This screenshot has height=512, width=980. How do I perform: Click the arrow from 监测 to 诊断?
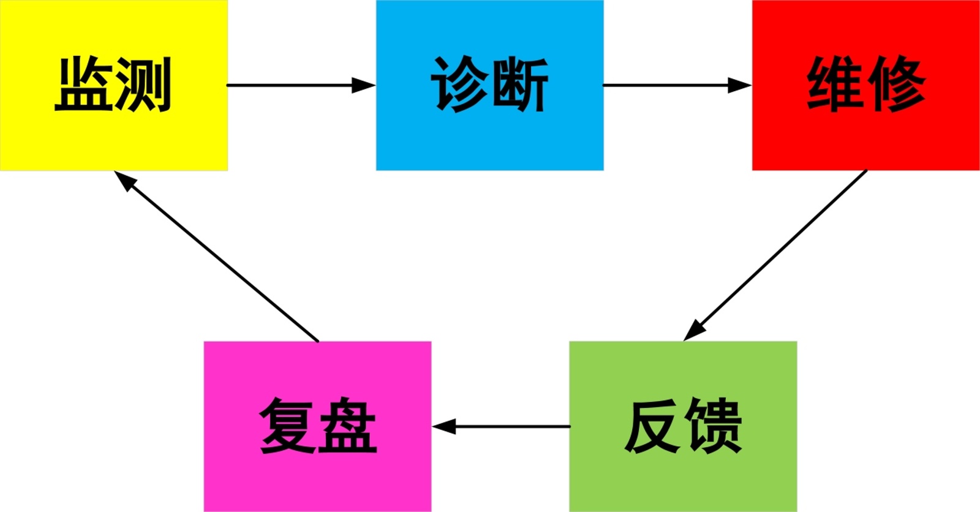tap(300, 85)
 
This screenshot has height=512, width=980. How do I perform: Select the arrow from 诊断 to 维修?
tap(677, 85)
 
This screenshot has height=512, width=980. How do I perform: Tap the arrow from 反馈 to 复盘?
tap(501, 426)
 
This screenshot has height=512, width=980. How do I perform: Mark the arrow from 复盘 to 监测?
tap(217, 256)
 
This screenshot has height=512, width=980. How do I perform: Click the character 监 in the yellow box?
tap(83, 85)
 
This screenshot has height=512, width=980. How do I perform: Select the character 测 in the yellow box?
tap(142, 85)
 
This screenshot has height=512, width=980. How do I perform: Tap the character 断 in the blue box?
tap(519, 85)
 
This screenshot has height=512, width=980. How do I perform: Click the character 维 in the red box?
tap(835, 85)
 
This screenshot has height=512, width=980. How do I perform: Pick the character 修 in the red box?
tap(895, 85)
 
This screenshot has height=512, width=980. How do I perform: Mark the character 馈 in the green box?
tap(713, 426)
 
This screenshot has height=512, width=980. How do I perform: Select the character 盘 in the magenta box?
tap(347, 426)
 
